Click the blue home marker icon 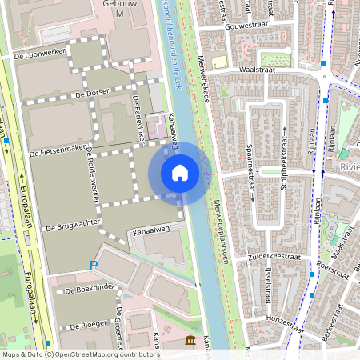(x=180, y=172)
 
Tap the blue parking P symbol (x=94, y=265)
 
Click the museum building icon (x=190, y=342)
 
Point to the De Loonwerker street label (x=39, y=58)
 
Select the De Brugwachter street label (x=70, y=228)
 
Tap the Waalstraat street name (x=256, y=70)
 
